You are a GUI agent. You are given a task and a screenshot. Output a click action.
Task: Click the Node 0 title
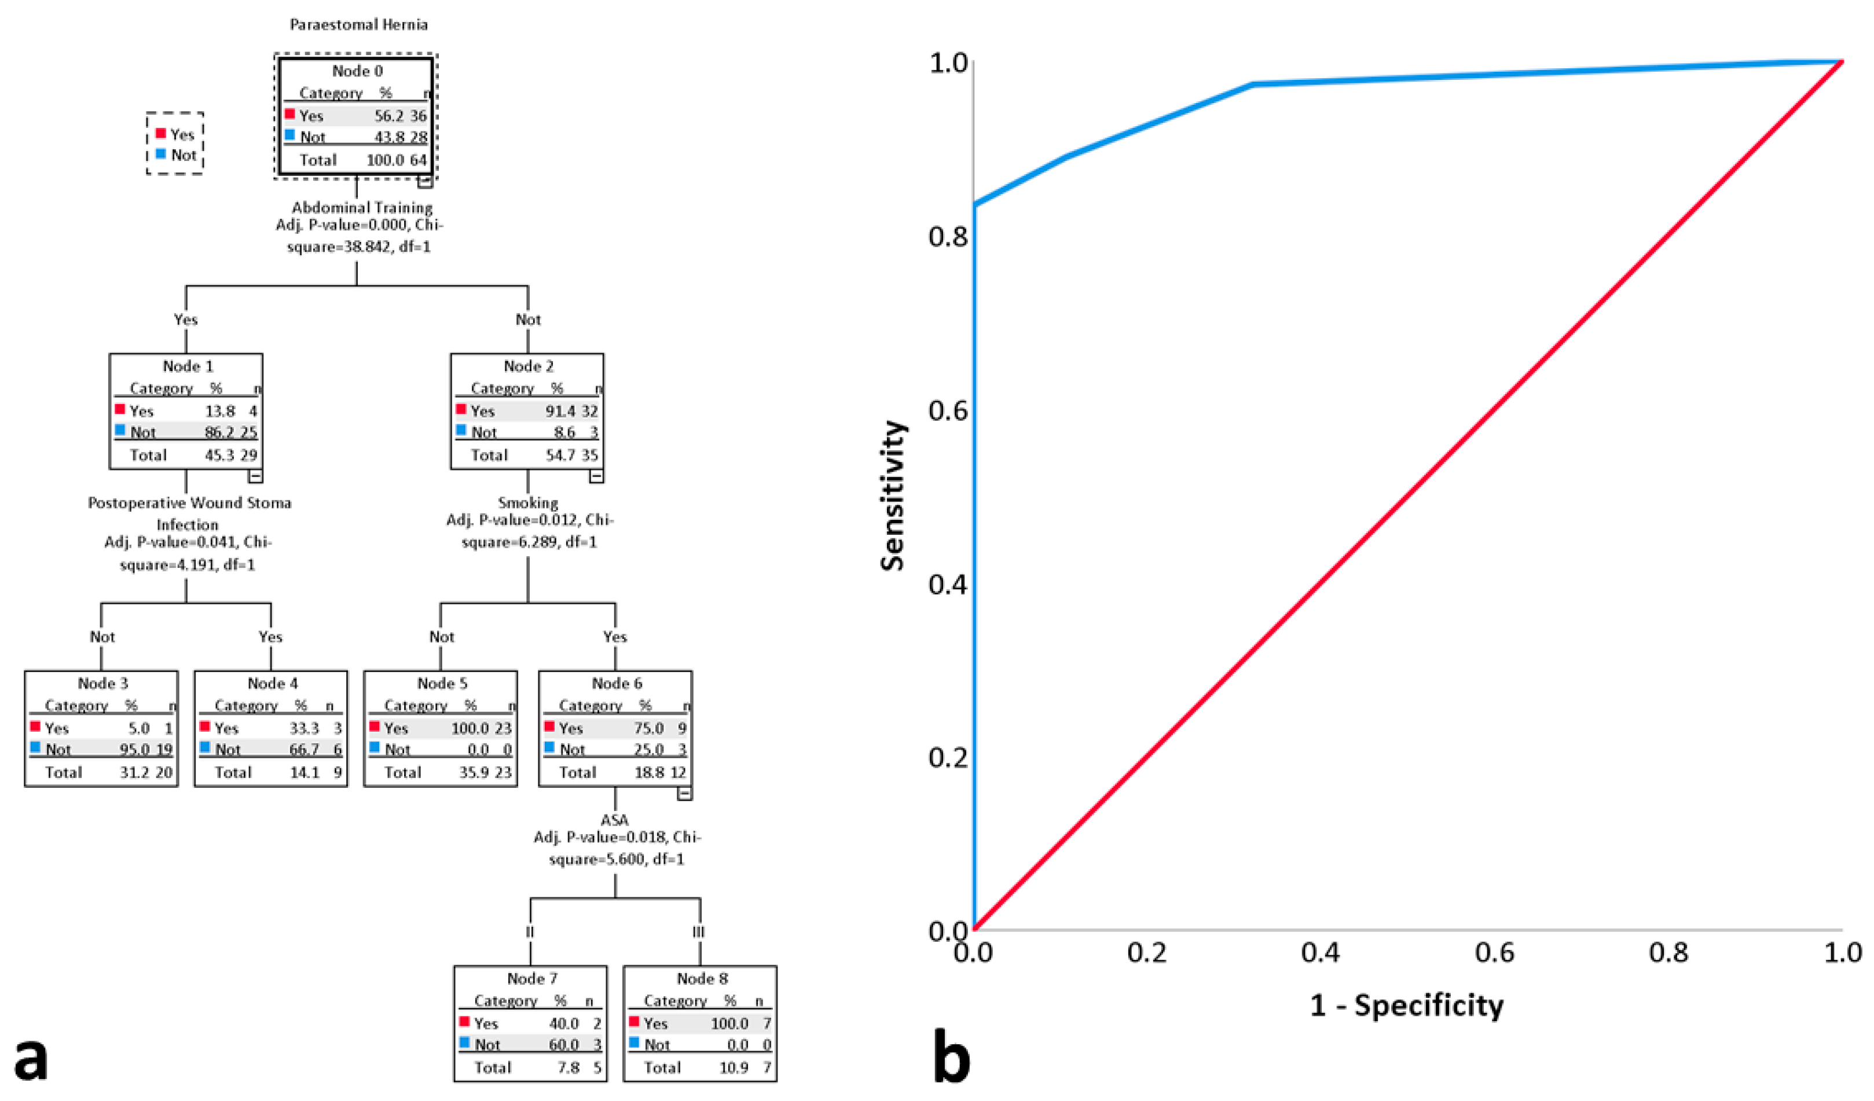point(357,71)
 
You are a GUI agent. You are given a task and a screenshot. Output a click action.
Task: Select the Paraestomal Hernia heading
point(358,24)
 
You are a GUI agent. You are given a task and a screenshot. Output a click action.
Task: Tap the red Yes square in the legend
point(160,133)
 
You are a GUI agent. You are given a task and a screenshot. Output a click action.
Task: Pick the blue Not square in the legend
point(160,154)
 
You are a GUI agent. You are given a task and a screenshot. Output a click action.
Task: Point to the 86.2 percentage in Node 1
point(219,432)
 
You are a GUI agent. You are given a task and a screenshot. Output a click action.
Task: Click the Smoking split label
point(528,502)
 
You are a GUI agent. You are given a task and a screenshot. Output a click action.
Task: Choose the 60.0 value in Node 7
point(564,1044)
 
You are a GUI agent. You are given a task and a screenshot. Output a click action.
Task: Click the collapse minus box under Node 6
point(685,793)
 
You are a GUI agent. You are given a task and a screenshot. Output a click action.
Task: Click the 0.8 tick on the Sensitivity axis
point(948,236)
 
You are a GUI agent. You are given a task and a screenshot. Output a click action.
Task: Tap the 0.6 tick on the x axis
point(1495,952)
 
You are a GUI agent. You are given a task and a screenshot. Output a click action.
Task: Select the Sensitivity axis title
point(892,496)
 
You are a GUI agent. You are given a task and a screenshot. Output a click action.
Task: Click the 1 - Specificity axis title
point(1406,1005)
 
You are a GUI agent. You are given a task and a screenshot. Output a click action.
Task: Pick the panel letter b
point(951,1056)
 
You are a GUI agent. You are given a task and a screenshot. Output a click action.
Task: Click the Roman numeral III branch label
point(698,932)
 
